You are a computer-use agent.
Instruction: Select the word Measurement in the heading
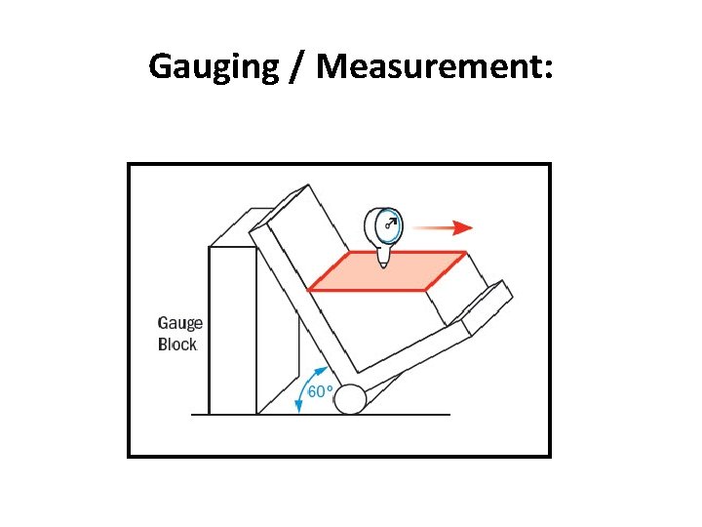pyautogui.click(x=427, y=66)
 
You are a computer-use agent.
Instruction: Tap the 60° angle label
pyautogui.click(x=321, y=391)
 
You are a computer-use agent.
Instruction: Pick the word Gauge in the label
pyautogui.click(x=180, y=324)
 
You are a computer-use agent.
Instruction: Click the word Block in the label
pyautogui.click(x=177, y=345)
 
